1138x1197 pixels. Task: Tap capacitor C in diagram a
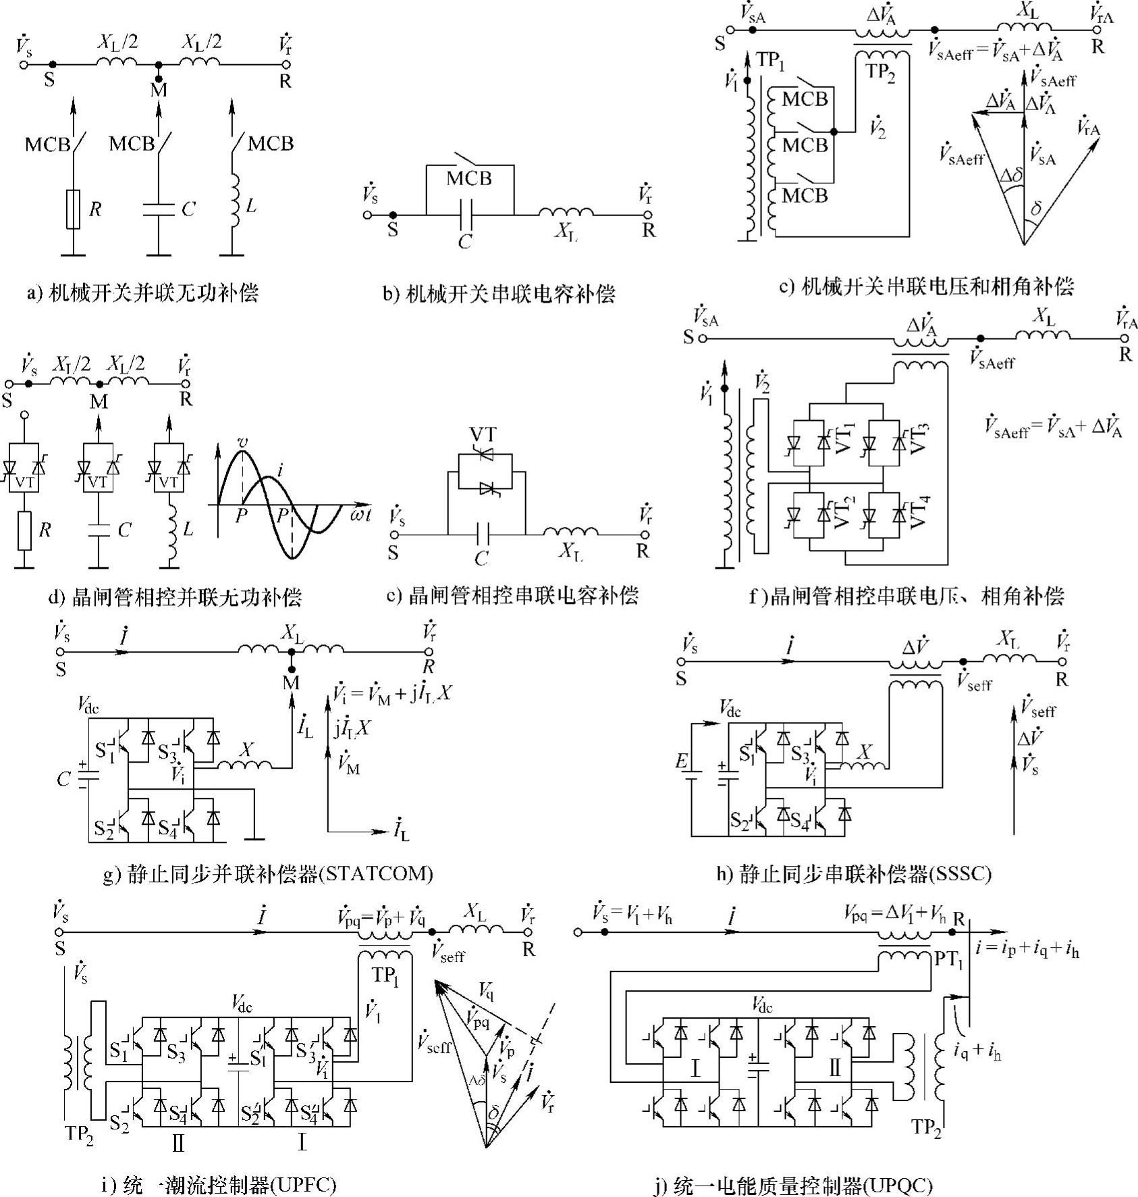tap(159, 209)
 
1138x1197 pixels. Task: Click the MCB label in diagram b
tap(469, 179)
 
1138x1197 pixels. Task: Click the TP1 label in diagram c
tap(770, 61)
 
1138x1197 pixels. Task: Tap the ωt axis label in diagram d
tap(360, 515)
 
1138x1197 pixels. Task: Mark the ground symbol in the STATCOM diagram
tap(254, 840)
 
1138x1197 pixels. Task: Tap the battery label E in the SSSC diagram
tap(682, 762)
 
